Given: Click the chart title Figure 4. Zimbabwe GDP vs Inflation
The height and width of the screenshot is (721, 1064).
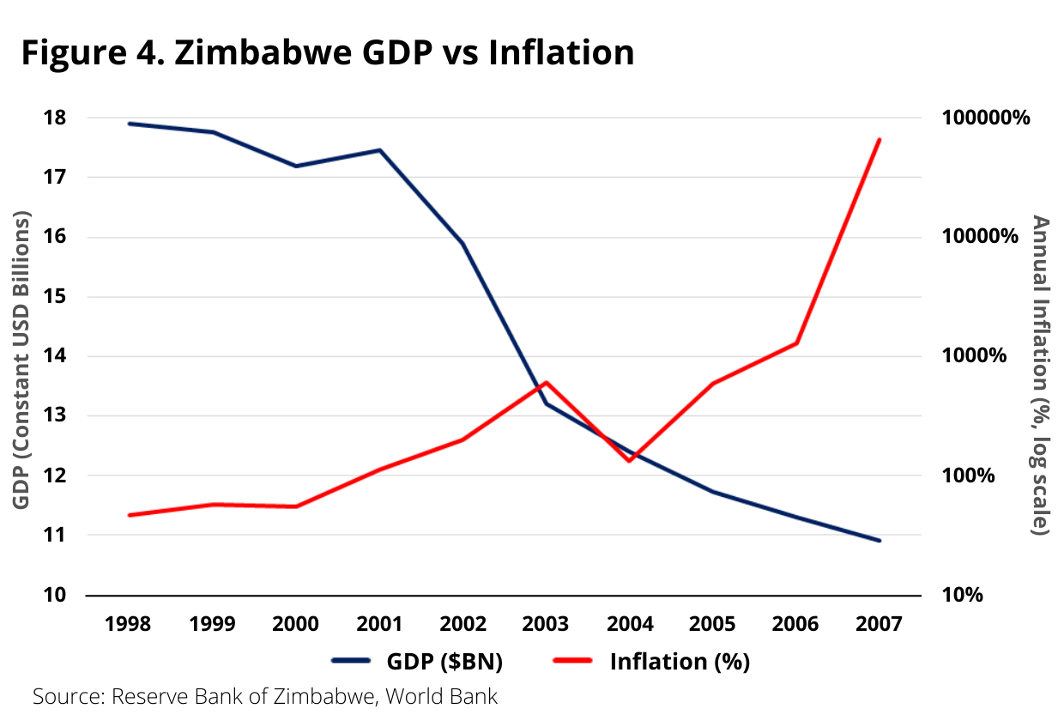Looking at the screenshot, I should [x=327, y=52].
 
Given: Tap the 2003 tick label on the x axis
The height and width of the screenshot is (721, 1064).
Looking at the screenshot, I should [x=546, y=624].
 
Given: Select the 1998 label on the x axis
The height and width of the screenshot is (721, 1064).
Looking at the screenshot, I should [x=127, y=624].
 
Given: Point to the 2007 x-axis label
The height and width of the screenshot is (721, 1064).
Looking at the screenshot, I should [x=880, y=624].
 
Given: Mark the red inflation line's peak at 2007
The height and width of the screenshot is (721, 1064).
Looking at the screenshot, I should [x=880, y=139].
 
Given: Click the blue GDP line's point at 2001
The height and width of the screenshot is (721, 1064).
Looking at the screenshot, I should [x=379, y=150].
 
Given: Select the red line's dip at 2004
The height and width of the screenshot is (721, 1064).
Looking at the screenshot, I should [x=630, y=461].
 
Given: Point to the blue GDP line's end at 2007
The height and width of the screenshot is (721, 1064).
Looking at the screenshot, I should [x=880, y=541].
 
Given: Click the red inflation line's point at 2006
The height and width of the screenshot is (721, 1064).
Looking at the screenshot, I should [x=797, y=343].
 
